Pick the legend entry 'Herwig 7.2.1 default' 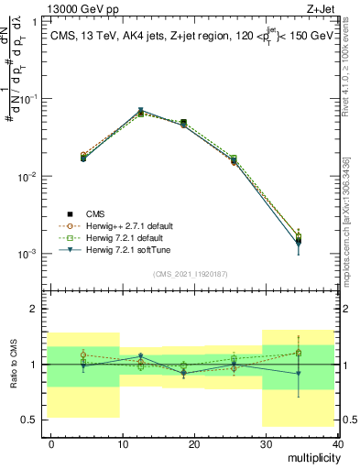point(129,237)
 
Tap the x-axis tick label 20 point(194,442)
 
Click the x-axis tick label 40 point(337,442)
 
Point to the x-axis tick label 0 point(52,442)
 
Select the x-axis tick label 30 point(266,442)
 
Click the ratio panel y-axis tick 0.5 point(30,420)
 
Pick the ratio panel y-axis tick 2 point(34,309)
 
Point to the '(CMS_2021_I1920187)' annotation point(191,273)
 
